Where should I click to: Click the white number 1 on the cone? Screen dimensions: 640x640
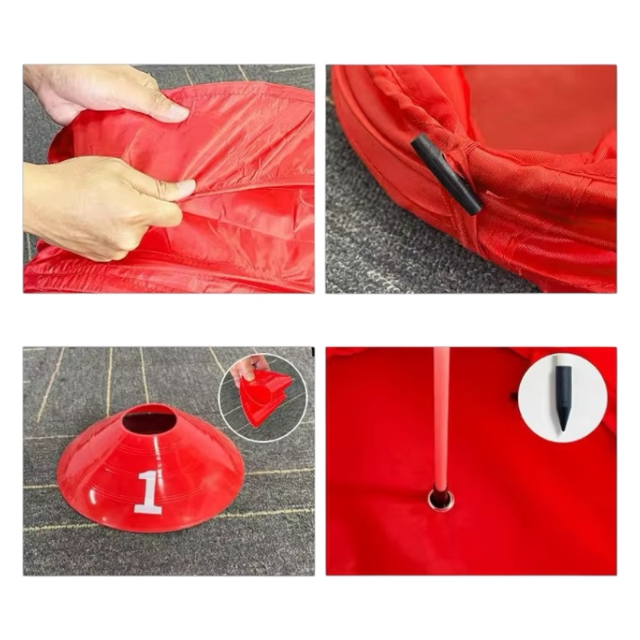pos(147,492)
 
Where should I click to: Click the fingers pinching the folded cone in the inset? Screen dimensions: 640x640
pos(248,365)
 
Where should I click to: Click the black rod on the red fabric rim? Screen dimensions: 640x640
pos(446,175)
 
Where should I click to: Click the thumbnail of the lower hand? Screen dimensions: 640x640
pos(186,187)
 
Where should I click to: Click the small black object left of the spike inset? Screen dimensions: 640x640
pos(514,395)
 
